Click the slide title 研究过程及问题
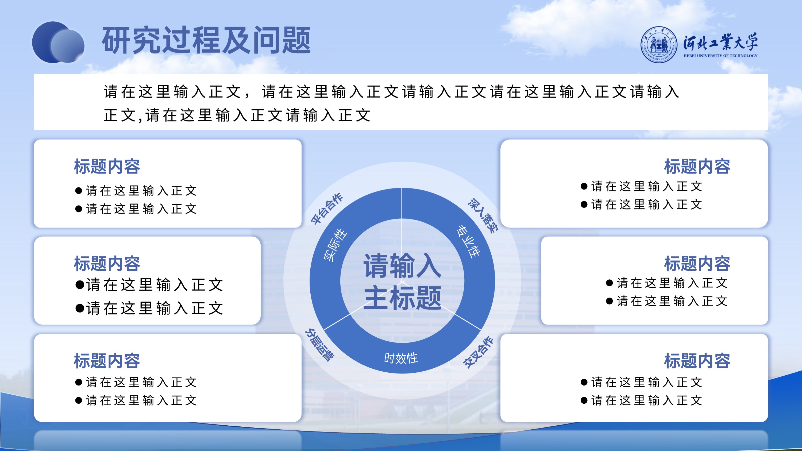pos(206,40)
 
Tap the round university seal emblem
pos(658,44)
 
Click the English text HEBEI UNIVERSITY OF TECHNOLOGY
pos(720,56)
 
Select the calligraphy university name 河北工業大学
pos(720,42)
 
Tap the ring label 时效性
pos(401,358)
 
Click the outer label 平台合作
pos(327,209)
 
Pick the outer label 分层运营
pos(320,345)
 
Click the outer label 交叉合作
pos(478,352)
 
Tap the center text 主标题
pos(403,298)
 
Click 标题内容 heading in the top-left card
pos(107,166)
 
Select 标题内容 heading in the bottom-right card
pos(697,360)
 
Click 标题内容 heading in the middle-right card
pos(697,263)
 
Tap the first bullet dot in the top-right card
pos(584,186)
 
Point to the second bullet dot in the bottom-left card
pos(78,400)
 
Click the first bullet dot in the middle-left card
pos(80,284)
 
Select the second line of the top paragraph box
pos(237,115)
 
